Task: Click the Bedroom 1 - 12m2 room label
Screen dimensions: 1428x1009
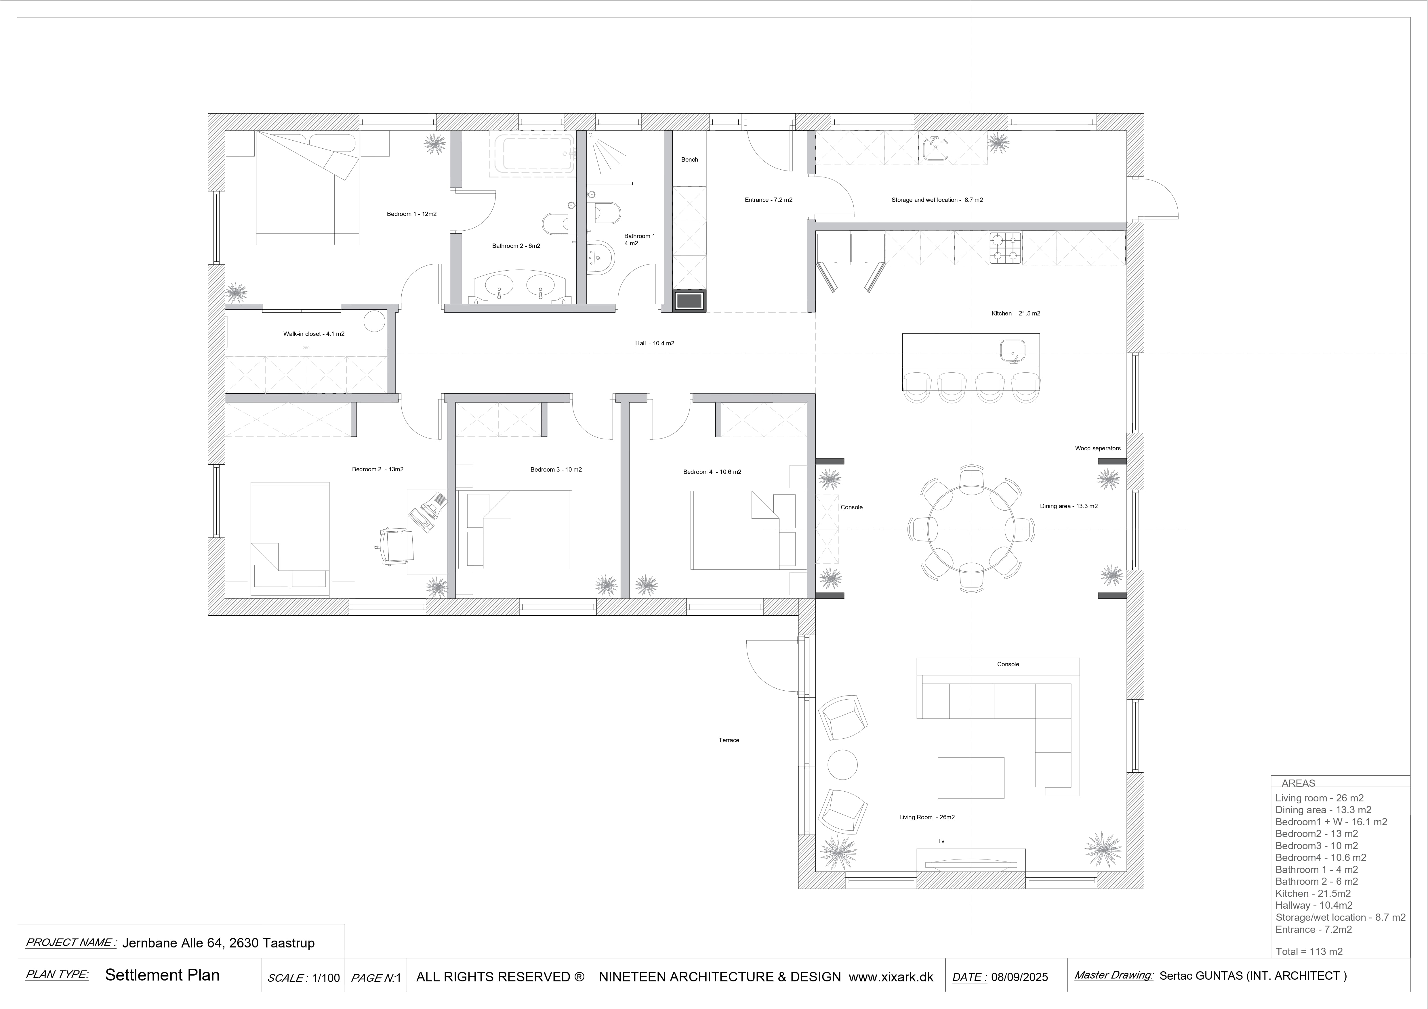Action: [412, 214]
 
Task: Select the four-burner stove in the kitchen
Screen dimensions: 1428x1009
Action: [1005, 247]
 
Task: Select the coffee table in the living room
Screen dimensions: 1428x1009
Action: [971, 777]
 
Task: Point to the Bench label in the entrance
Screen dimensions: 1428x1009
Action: [690, 160]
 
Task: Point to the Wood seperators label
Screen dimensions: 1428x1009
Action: [1098, 448]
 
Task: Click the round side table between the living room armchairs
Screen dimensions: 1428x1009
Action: [843, 765]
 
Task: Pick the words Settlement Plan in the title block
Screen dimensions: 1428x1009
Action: [162, 975]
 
